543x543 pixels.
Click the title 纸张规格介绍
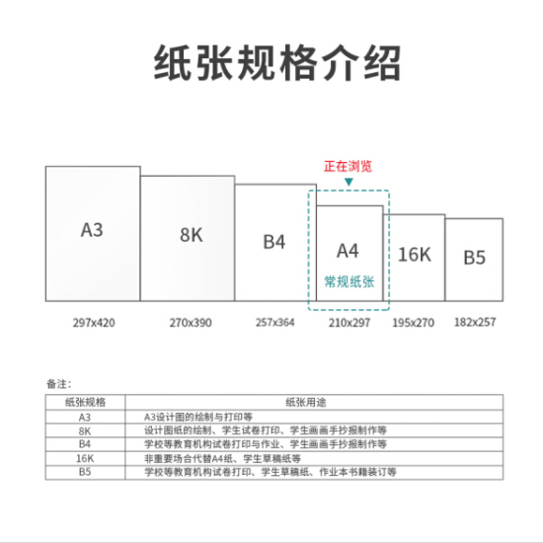pyautogui.click(x=277, y=62)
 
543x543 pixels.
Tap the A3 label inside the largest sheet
pyautogui.click(x=92, y=230)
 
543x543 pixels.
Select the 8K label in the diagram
pyautogui.click(x=192, y=235)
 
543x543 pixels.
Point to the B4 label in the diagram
pyautogui.click(x=274, y=242)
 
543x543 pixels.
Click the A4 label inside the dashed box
pyautogui.click(x=348, y=251)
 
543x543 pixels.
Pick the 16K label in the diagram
pyautogui.click(x=415, y=255)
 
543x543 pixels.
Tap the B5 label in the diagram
pyautogui.click(x=475, y=258)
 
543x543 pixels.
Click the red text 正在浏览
pyautogui.click(x=349, y=166)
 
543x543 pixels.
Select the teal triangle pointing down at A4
pyautogui.click(x=349, y=182)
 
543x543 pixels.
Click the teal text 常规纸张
pyautogui.click(x=349, y=282)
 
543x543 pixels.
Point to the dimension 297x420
pyautogui.click(x=94, y=323)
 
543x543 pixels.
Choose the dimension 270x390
pyautogui.click(x=191, y=323)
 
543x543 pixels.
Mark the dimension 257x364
pyautogui.click(x=275, y=323)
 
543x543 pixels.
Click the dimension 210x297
pyautogui.click(x=349, y=323)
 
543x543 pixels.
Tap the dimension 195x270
pyautogui.click(x=413, y=323)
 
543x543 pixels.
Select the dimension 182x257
pyautogui.click(x=475, y=322)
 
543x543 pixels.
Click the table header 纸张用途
pyautogui.click(x=306, y=403)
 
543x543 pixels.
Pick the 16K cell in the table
pyautogui.click(x=85, y=458)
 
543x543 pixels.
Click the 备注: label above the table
pyautogui.click(x=59, y=384)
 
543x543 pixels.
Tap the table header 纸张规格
pyautogui.click(x=85, y=403)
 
